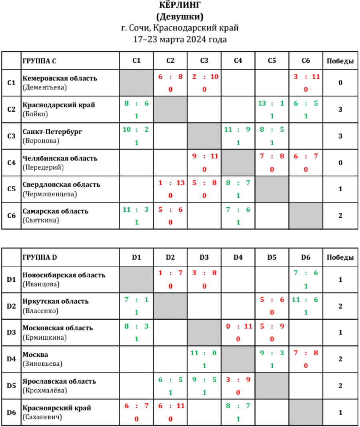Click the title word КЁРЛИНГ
pyautogui.click(x=180, y=5)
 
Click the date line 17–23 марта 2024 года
pyautogui.click(x=180, y=39)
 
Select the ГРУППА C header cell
pyautogui.click(x=39, y=61)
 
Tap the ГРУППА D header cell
pyautogui.click(x=40, y=257)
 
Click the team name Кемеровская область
pyautogui.click(x=60, y=78)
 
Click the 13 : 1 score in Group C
pyautogui.click(x=272, y=103)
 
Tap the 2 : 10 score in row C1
pyautogui.click(x=204, y=77)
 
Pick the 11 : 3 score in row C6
pyautogui.click(x=136, y=209)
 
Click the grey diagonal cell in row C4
pyautogui.click(x=238, y=162)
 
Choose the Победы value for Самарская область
pyautogui.click(x=340, y=215)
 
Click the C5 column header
pyautogui.click(x=272, y=61)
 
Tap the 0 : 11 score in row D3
pyautogui.click(x=238, y=326)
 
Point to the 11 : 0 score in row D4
pyautogui.click(x=204, y=353)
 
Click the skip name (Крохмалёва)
pyautogui.click(x=45, y=390)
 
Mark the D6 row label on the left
pyautogui.click(x=11, y=412)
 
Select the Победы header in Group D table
pyautogui.click(x=340, y=257)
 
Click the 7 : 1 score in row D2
pyautogui.click(x=136, y=300)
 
